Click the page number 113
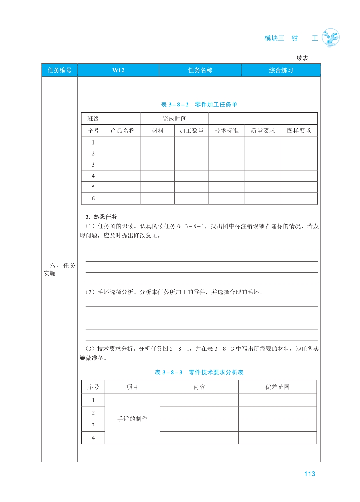click(309, 474)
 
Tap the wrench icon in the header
click(330, 38)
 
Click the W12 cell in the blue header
click(118, 70)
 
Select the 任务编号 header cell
click(59, 70)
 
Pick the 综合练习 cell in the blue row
click(281, 70)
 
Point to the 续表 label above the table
click(302, 58)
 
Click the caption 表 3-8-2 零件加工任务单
click(199, 105)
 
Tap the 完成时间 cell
click(174, 119)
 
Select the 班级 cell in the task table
click(93, 119)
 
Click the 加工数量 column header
click(191, 131)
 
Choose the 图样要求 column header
click(299, 131)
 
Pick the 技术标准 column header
click(226, 131)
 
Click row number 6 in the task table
click(93, 199)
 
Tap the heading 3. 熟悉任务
click(101, 217)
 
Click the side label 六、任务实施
click(60, 269)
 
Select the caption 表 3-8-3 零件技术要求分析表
click(199, 373)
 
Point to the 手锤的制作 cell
click(132, 419)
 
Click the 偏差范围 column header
click(277, 387)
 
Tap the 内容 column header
click(199, 387)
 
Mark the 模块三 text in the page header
click(274, 38)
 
